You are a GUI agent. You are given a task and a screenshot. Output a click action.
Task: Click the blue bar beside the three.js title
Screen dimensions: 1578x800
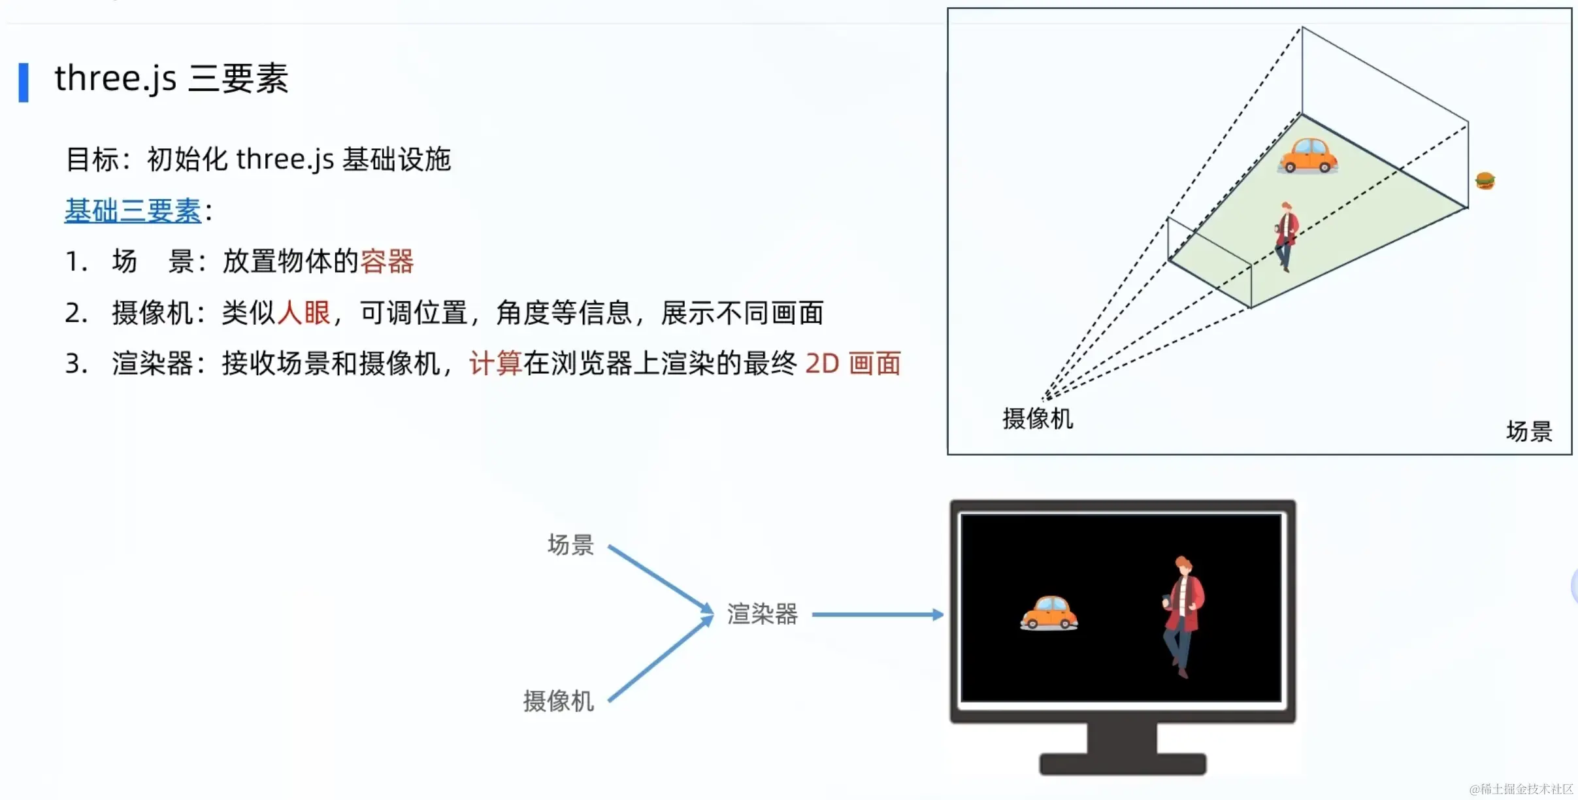24,82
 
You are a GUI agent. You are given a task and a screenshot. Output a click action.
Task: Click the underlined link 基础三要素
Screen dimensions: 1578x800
133,210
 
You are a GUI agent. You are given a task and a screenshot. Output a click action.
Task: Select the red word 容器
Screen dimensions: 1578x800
387,261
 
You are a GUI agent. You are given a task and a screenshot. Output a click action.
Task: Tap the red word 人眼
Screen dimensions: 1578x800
304,312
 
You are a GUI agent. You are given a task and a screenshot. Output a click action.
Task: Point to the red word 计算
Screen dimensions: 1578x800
495,363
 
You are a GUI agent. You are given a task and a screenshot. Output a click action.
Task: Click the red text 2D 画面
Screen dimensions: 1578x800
853,363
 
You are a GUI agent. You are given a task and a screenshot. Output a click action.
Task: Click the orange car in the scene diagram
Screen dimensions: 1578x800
1307,156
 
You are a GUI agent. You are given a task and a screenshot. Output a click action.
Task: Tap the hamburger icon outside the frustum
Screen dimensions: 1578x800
1485,180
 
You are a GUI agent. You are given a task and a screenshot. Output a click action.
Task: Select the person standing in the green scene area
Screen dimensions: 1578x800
1286,236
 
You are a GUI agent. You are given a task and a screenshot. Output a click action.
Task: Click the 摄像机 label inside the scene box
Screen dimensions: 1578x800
1038,418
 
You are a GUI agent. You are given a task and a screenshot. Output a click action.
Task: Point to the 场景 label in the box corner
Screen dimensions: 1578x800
1528,431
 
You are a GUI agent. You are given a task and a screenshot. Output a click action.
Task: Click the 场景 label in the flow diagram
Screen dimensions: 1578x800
570,544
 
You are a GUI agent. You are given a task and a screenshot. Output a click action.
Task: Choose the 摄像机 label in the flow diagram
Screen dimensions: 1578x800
559,701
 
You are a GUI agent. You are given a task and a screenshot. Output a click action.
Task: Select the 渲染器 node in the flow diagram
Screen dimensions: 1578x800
763,614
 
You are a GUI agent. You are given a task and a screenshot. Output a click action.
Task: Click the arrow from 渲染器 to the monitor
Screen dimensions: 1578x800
876,614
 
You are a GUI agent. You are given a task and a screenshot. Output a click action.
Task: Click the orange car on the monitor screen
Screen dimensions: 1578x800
1049,613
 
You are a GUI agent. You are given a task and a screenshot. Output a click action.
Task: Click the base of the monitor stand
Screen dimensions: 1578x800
1122,764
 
